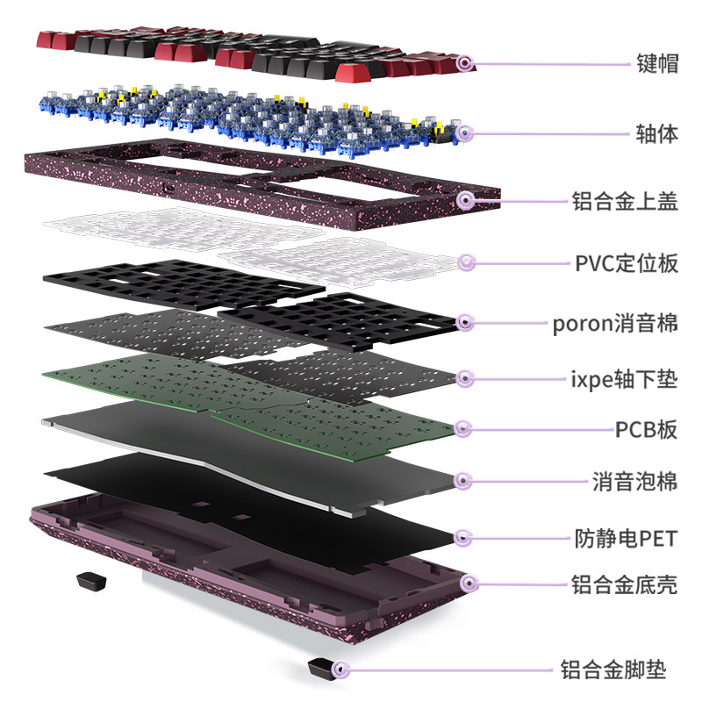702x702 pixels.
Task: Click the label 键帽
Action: click(x=656, y=63)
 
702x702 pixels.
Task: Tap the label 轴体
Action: click(x=656, y=134)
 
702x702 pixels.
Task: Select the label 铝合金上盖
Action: click(x=624, y=201)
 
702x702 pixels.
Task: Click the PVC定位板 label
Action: click(x=627, y=262)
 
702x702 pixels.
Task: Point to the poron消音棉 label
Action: click(x=615, y=323)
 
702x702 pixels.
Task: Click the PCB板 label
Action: click(x=646, y=429)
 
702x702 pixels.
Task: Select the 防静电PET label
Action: click(x=626, y=536)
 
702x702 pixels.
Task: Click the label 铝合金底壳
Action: click(x=624, y=584)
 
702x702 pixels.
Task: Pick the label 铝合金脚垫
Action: click(x=613, y=671)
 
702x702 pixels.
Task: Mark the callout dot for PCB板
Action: click(x=464, y=429)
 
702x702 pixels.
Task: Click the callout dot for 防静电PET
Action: click(x=466, y=536)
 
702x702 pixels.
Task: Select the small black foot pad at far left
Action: click(x=89, y=581)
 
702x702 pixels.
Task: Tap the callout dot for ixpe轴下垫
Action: click(x=464, y=379)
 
